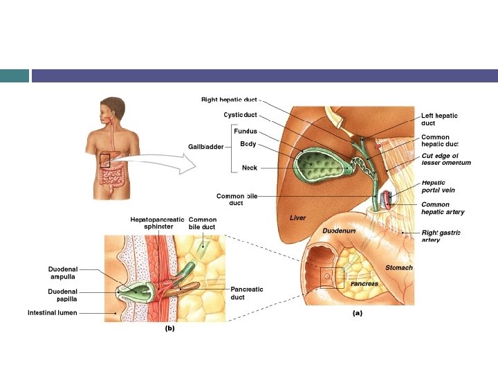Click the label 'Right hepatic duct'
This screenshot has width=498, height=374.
pos(229,100)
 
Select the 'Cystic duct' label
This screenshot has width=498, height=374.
pos(240,114)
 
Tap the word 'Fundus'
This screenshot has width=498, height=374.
pos(246,131)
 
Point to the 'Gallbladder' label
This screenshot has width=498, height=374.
pos(205,146)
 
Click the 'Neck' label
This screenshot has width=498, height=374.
pos(249,168)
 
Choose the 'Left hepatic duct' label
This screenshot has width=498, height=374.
pos(439,119)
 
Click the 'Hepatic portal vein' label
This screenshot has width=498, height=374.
pos(438,186)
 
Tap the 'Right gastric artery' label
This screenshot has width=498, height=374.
pos(441,235)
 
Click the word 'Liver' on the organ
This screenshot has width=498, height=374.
pos(297,217)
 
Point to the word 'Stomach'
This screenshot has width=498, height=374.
pos(398,267)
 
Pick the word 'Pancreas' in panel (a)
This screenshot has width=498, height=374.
pos(364,284)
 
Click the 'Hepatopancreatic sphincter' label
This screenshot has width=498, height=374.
pos(157,222)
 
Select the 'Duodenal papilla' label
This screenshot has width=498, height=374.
pos(62,295)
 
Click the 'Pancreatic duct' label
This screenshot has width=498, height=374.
pos(246,293)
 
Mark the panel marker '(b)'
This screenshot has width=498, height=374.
pos(169,329)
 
